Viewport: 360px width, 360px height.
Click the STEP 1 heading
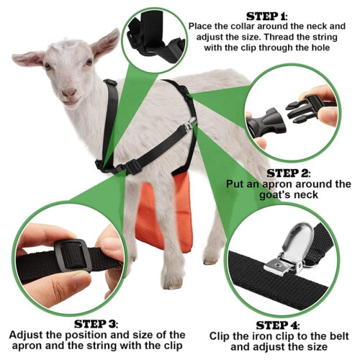[x=266, y=17]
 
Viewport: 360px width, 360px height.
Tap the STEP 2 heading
[x=288, y=174]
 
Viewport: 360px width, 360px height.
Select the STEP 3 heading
[x=96, y=324]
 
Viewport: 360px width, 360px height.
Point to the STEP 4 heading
[x=278, y=325]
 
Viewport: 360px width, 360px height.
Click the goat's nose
[x=69, y=92]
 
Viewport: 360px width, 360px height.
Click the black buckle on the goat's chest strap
[x=132, y=166]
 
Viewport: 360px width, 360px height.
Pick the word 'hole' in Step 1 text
[x=320, y=48]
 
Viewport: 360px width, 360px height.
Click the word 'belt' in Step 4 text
[x=340, y=336]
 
